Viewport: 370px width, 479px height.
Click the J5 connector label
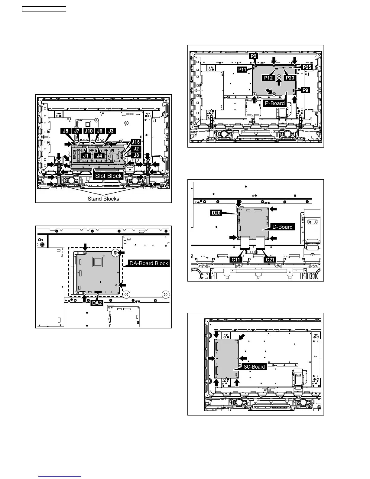[66, 131]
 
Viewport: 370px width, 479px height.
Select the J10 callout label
[88, 131]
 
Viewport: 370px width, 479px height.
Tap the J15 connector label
[136, 142]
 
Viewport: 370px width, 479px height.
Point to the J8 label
[136, 155]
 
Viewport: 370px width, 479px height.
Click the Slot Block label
[109, 176]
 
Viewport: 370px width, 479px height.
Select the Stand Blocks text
[103, 199]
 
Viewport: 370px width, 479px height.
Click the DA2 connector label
[97, 303]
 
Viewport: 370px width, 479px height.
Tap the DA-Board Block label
[148, 263]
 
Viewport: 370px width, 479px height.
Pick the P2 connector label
[253, 56]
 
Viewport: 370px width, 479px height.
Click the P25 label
[307, 67]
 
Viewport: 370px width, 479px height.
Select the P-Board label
[274, 103]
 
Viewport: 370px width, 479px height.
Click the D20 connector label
[216, 213]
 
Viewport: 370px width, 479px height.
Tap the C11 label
[236, 259]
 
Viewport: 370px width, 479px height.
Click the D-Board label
[282, 227]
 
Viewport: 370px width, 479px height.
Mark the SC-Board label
[254, 367]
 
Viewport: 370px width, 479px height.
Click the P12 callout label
[268, 78]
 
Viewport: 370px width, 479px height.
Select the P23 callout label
[290, 78]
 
